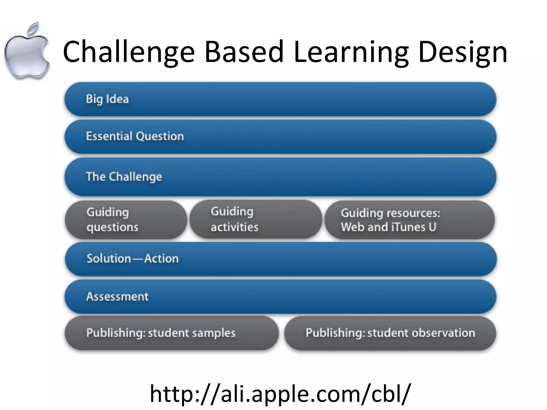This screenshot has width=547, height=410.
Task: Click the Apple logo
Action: (27, 55)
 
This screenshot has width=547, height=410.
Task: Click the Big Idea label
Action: (107, 99)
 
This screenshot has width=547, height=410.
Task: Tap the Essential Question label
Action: (135, 136)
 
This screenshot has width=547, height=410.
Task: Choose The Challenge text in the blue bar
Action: (124, 177)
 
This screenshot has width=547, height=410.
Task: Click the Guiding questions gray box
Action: (126, 220)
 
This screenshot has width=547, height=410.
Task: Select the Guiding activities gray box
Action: (256, 219)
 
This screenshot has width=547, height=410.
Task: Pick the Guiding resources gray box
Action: (409, 220)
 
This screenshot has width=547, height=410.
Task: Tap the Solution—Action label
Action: (132, 259)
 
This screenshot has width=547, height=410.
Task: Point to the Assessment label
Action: (117, 297)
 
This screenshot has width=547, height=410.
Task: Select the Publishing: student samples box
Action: (171, 333)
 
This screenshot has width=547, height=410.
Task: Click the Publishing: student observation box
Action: (390, 333)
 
